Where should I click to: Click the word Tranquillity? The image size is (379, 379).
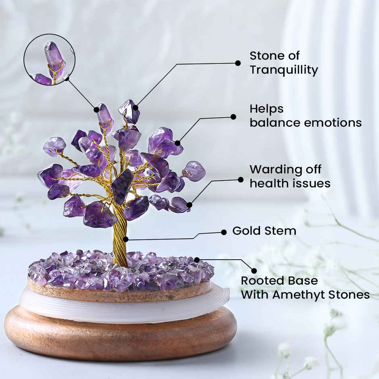pyautogui.click(x=283, y=70)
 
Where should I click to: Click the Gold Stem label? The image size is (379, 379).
pyautogui.click(x=264, y=231)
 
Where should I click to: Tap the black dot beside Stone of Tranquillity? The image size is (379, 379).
pyautogui.click(x=238, y=63)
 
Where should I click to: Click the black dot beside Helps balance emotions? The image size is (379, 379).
pyautogui.click(x=233, y=117)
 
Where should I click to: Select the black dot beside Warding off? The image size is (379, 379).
pyautogui.click(x=241, y=179)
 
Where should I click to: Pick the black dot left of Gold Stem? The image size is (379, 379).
pyautogui.click(x=224, y=232)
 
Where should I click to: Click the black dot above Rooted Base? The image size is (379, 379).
pyautogui.click(x=254, y=271)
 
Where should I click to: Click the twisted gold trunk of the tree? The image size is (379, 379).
pyautogui.click(x=120, y=238)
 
